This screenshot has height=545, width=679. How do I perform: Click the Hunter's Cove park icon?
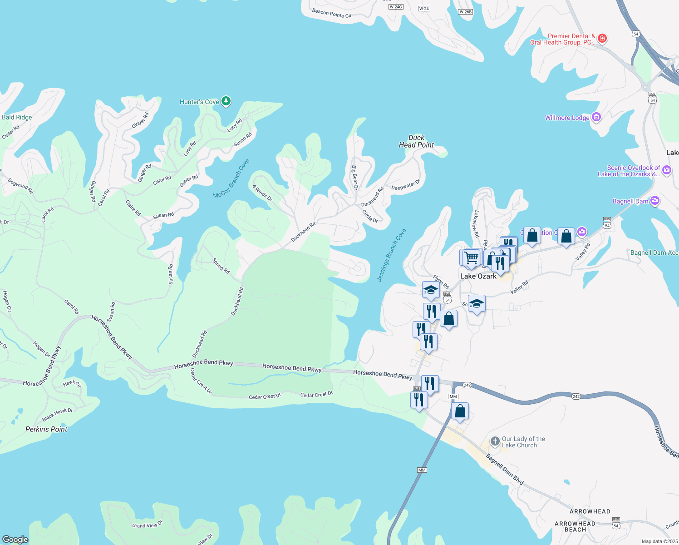point(226,101)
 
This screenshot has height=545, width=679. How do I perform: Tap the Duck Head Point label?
point(416,141)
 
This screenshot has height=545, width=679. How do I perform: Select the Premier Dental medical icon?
point(602,39)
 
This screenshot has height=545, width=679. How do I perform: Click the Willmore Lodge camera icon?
point(596,118)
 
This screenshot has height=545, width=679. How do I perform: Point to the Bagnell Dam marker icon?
point(654,201)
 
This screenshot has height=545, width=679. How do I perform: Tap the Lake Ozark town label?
point(478,276)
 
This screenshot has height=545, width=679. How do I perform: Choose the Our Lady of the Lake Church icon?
point(495,442)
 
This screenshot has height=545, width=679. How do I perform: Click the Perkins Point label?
point(46,429)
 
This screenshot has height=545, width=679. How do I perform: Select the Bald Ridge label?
point(17,117)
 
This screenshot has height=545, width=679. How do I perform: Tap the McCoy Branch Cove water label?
point(231,178)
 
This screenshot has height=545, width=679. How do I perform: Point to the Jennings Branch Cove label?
point(392,255)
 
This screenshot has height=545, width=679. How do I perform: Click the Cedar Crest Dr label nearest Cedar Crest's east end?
point(316,395)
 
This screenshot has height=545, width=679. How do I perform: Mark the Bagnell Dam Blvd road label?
point(505,469)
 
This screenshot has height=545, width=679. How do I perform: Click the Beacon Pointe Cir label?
point(332,13)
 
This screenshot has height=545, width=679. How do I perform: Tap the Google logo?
point(15,540)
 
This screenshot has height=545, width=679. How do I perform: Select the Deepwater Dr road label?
point(406,185)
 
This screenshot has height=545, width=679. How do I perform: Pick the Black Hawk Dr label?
point(57,414)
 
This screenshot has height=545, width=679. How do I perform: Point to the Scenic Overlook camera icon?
point(667,170)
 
